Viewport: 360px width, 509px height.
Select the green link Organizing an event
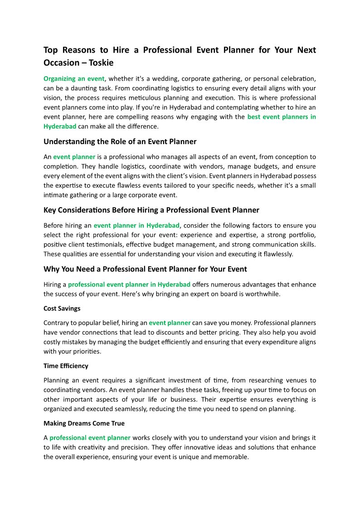click(74, 78)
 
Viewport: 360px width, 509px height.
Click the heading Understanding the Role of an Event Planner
click(120, 141)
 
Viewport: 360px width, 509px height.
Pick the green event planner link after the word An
click(74, 157)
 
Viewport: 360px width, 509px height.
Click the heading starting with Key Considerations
click(151, 210)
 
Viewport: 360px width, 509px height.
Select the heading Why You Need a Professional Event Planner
click(145, 269)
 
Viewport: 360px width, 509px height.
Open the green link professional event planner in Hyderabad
click(129, 285)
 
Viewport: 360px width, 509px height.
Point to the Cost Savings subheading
click(62, 309)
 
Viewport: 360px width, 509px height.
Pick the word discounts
click(221, 332)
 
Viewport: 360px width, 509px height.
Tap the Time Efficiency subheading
click(66, 366)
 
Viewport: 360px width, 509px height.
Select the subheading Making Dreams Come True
click(84, 423)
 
